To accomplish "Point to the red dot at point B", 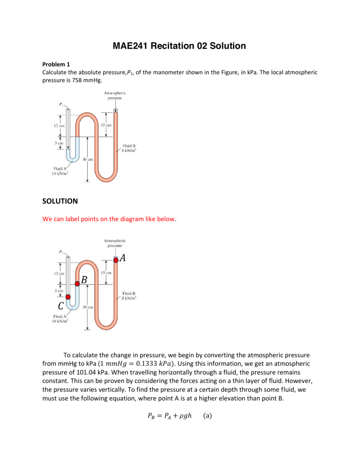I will click(x=77, y=284).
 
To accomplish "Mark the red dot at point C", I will click(x=68, y=297).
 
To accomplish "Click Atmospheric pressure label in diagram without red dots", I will click(x=116, y=96).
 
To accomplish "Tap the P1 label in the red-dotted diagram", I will click(x=62, y=252).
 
